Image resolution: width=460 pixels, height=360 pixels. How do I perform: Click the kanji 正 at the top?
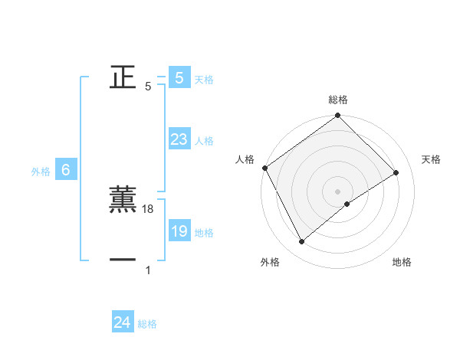coord(123,77)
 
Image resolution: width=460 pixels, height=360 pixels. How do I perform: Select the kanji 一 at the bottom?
coord(123,260)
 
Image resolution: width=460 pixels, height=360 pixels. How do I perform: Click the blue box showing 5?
coord(179,77)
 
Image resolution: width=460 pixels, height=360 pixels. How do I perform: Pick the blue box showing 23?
coord(179,139)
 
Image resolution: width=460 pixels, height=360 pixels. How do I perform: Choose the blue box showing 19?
coord(179,231)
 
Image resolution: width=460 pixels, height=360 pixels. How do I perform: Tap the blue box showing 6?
coord(66,170)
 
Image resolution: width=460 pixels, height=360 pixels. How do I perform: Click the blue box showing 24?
coord(122,322)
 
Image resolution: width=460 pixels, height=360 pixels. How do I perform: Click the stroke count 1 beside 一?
coord(148,270)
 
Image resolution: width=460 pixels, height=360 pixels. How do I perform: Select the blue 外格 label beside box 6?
coord(41,172)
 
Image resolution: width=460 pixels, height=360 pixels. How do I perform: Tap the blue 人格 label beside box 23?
coord(204,141)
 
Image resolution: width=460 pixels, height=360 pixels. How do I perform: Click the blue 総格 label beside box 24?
coord(147,324)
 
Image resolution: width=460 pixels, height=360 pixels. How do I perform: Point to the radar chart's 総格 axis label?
coord(338,100)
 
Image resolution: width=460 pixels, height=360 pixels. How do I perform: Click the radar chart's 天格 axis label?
coord(431,159)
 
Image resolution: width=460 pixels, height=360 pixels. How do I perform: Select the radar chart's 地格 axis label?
coord(402,262)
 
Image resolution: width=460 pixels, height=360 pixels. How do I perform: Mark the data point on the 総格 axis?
coord(338,116)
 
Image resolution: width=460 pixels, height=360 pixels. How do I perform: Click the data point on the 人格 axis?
coord(264,168)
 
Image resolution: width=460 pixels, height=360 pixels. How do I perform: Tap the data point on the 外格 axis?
coord(302,242)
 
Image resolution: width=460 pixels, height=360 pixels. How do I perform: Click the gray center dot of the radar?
coord(338,191)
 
